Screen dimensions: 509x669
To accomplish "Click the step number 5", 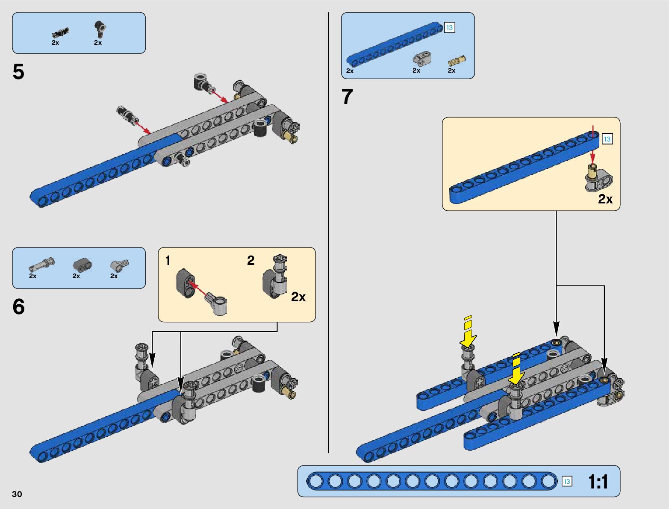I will coord(18,72).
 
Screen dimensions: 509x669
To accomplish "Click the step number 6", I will coord(18,307).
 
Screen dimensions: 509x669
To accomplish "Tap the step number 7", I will coord(347,97).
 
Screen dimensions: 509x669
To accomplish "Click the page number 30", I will coord(17,494).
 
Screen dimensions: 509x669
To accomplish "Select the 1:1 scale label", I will coord(598,482).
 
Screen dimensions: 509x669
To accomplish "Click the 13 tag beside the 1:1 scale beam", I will coord(567,482).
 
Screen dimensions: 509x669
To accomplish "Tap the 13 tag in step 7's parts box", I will coord(449,28).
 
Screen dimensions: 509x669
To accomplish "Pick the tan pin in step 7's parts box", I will coord(457,61).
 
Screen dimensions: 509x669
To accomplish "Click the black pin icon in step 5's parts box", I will coord(60,32).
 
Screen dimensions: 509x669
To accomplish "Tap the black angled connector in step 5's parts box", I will coord(100,29).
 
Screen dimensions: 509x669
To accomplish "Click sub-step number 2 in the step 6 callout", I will coord(251,260).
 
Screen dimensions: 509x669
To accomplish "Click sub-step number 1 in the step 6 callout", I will coord(168,260).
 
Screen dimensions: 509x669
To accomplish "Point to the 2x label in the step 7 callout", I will coord(605,199).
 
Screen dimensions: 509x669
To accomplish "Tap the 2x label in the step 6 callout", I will coord(298,297).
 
